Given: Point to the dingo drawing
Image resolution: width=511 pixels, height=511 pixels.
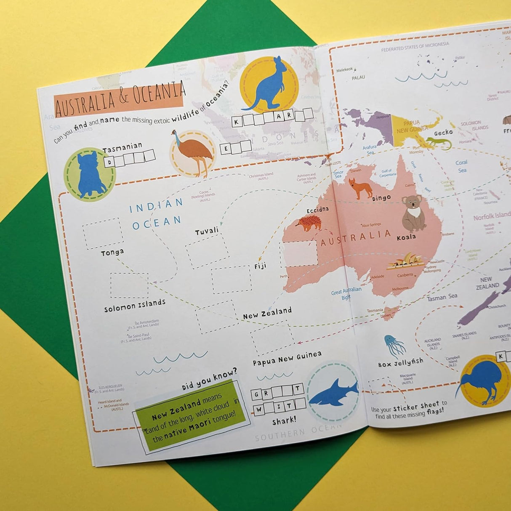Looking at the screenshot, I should pos(361,189).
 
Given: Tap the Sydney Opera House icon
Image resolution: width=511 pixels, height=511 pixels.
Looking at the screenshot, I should pos(405,261).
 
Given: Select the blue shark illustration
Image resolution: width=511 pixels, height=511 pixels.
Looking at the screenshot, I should pos(333,392).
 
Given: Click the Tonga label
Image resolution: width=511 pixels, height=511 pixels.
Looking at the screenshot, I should pos(112,253).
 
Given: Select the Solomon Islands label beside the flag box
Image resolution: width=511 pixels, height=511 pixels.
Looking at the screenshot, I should pos(135,305).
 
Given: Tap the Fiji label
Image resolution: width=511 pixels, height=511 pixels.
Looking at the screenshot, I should pos(260,266).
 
